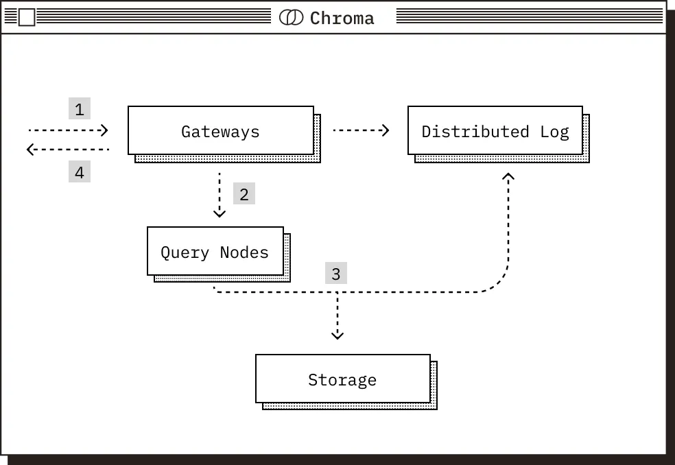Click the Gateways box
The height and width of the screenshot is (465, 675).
coord(220,130)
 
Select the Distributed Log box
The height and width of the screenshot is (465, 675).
coord(495,130)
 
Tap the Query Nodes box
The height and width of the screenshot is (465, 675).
coord(215,251)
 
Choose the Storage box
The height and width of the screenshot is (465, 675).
coord(342,379)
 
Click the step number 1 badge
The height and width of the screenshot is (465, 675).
coord(80,109)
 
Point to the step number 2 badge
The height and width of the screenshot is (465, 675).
coord(244,194)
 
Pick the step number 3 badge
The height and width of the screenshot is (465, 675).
coord(335,274)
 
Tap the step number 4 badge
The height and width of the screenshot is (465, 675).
coord(80,172)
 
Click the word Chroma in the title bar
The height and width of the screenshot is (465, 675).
coord(342,18)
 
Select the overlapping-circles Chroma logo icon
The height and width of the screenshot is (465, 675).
coord(291,18)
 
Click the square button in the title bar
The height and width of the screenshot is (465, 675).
coord(26,17)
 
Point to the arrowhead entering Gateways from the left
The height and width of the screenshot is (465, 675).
coord(105,130)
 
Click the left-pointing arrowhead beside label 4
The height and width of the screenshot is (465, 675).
coord(31,149)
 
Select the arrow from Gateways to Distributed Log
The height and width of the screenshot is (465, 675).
coord(361,130)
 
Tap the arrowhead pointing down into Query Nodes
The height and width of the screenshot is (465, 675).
coord(220,213)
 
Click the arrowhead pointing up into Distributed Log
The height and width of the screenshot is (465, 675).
coord(508,177)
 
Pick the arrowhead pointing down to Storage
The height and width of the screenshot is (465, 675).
coord(337,335)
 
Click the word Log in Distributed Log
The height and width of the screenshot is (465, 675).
coord(554,131)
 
